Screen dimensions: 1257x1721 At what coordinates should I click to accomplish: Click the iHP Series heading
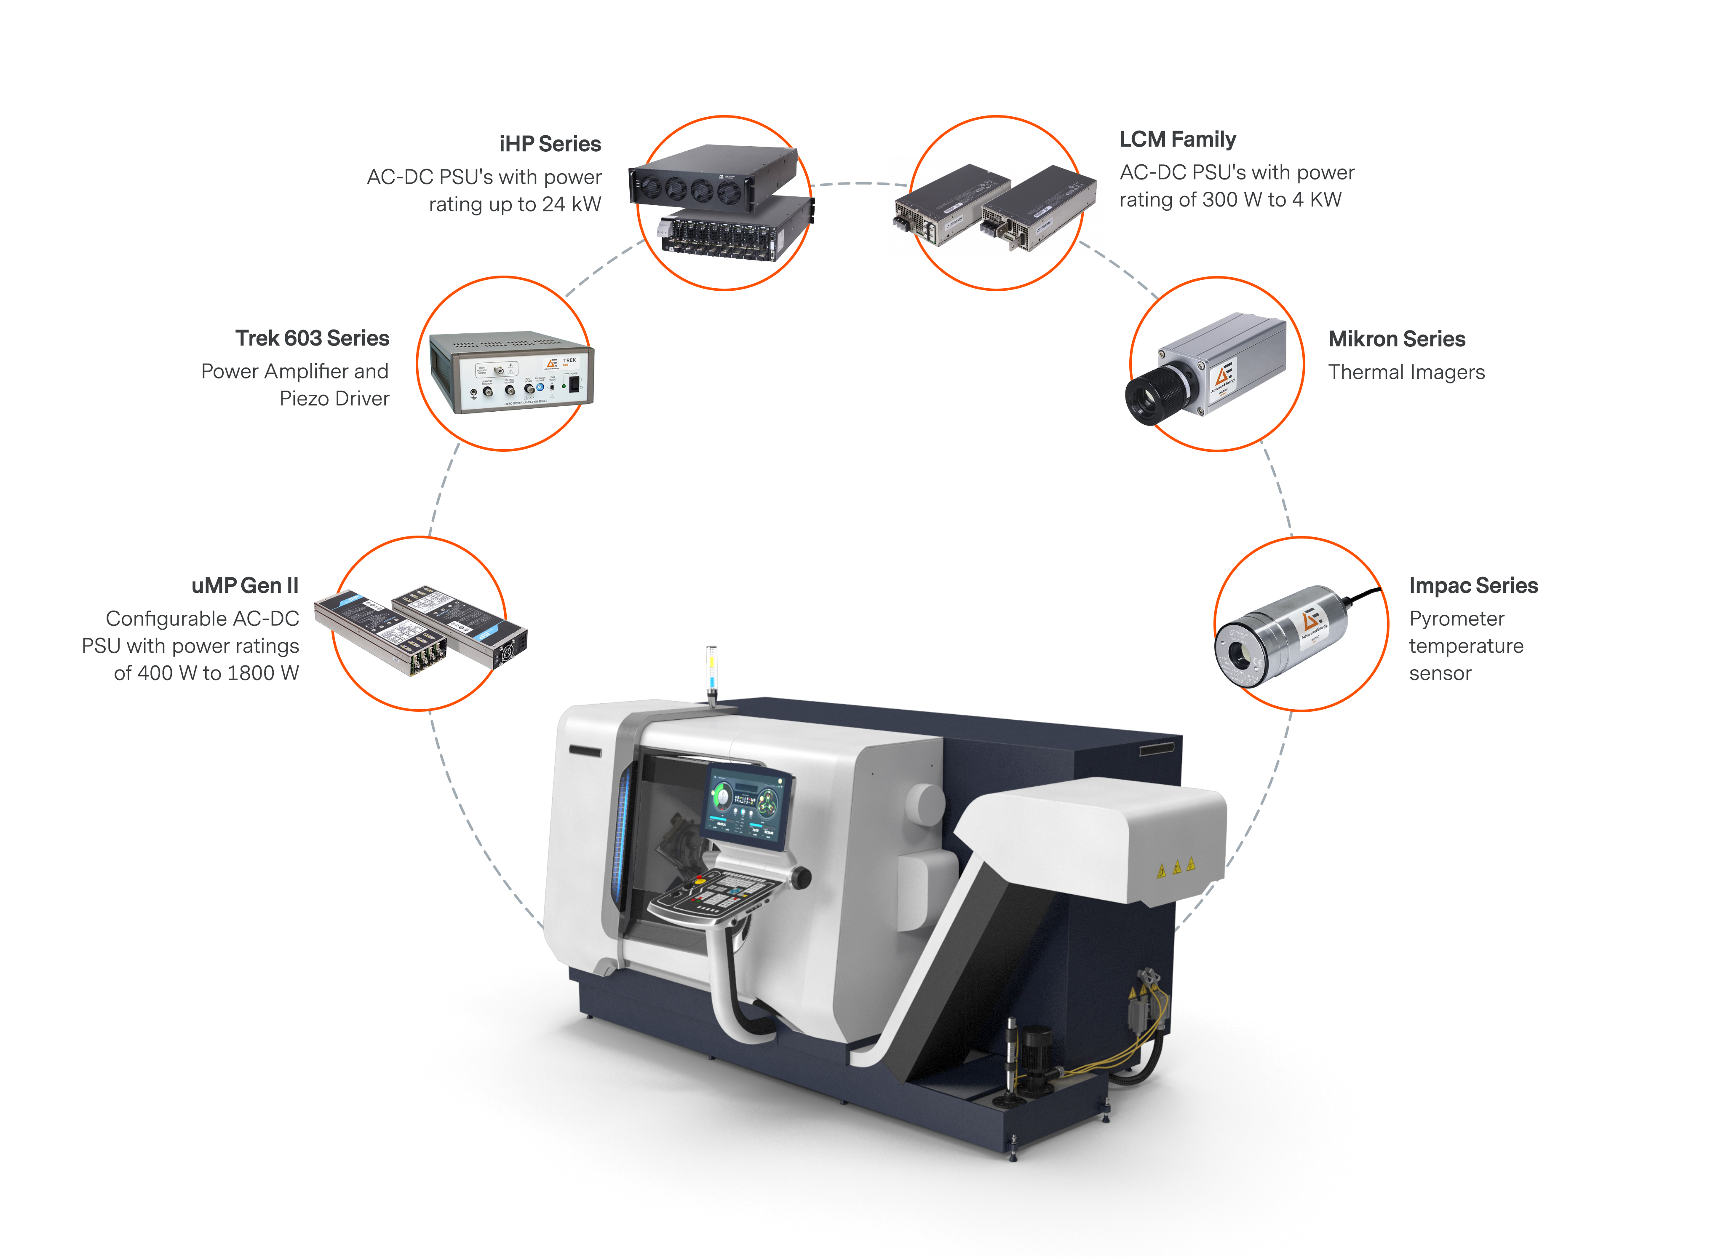pos(549,144)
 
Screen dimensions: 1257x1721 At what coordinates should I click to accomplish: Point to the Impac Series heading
pos(1472,585)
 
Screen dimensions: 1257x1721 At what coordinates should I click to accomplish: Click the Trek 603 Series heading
pos(312,338)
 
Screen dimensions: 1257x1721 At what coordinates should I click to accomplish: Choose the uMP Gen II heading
pos(245,585)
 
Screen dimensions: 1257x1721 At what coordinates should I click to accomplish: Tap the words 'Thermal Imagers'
pos(1406,372)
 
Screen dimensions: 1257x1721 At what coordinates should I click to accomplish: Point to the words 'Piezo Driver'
pos(334,399)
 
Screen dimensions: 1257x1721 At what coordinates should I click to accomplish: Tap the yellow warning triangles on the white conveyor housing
pos(1175,867)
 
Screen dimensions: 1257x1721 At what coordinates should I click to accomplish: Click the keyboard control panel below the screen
pos(715,895)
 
